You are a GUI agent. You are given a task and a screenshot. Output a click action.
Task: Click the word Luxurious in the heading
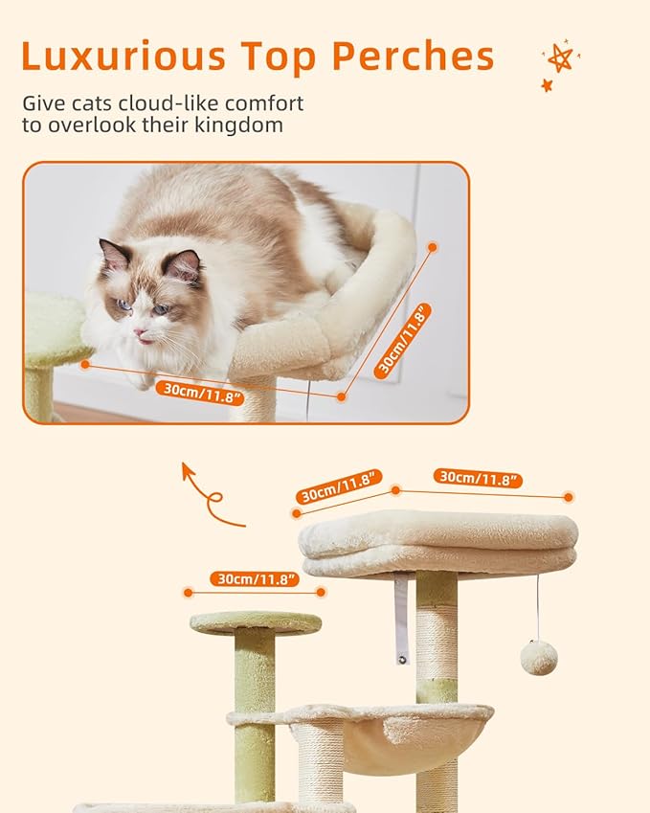tap(122, 56)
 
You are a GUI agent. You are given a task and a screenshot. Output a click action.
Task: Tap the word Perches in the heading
tap(413, 56)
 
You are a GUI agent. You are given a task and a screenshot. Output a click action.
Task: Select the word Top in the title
tap(278, 56)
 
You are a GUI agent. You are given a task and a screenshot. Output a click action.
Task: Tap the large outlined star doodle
tap(560, 57)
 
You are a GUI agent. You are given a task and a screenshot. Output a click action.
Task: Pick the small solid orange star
tap(547, 85)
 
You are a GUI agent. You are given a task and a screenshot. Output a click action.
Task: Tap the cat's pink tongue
tap(143, 339)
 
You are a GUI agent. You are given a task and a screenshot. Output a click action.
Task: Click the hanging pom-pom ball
tap(538, 658)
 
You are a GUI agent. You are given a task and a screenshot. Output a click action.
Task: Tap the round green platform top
tap(256, 623)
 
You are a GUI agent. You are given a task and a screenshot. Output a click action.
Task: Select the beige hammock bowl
tap(412, 737)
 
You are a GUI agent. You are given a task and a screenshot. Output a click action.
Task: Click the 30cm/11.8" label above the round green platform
tap(257, 579)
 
